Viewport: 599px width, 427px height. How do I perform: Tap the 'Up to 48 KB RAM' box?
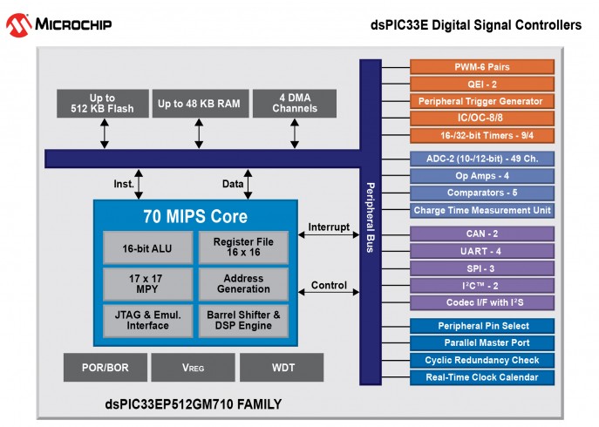pyautogui.click(x=200, y=104)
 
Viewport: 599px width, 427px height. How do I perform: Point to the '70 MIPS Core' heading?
pyautogui.click(x=195, y=216)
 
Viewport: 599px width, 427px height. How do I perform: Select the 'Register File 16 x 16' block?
pyautogui.click(x=243, y=248)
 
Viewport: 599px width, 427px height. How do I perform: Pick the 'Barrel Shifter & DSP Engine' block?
pyautogui.click(x=243, y=320)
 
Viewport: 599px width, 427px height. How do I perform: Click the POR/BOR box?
pyautogui.click(x=105, y=368)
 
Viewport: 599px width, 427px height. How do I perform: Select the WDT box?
pyautogui.click(x=283, y=368)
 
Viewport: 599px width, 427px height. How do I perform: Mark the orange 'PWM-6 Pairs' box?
pyautogui.click(x=482, y=67)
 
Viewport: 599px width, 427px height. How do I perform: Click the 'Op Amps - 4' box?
pyautogui.click(x=482, y=175)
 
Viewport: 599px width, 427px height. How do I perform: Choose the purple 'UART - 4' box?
pyautogui.click(x=482, y=250)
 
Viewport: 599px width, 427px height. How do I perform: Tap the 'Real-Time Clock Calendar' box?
pyautogui.click(x=482, y=377)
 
